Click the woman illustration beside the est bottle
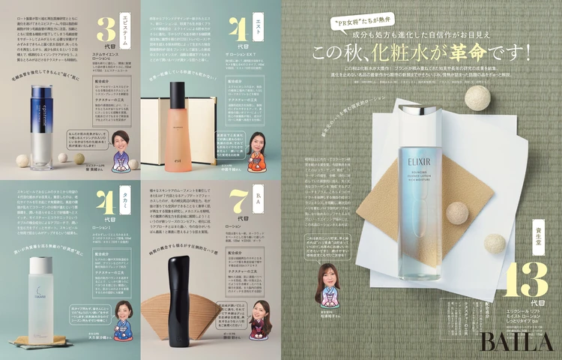(x=253, y=150)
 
